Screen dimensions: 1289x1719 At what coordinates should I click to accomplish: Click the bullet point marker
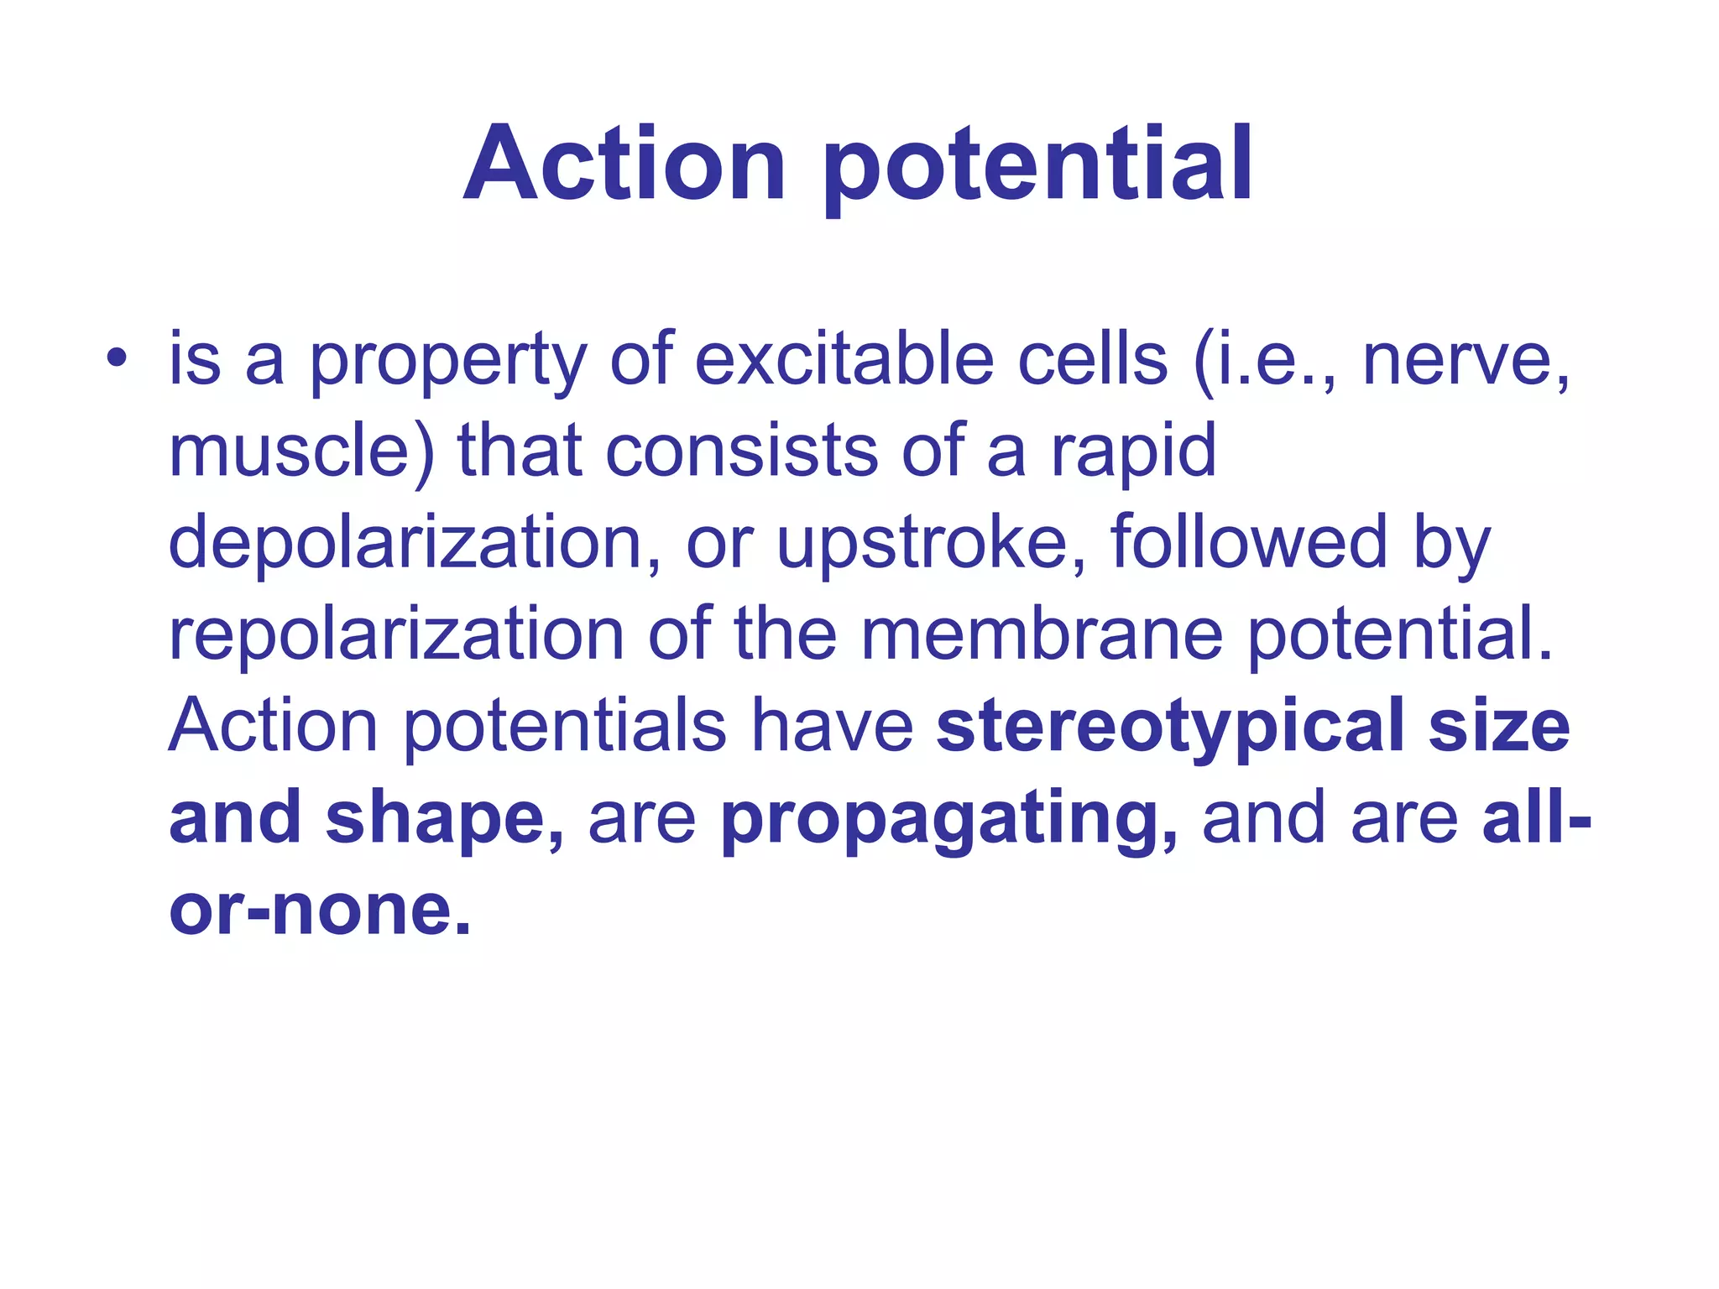point(117,360)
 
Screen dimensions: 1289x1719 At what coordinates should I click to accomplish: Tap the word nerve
point(1465,361)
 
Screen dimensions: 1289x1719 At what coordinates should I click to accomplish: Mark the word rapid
point(1133,453)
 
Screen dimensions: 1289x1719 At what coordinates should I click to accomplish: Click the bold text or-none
point(319,910)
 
